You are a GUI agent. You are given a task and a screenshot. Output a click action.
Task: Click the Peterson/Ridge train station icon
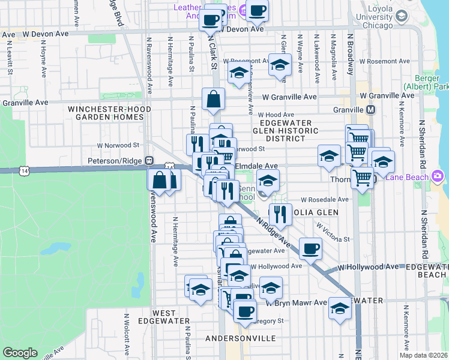(149, 161)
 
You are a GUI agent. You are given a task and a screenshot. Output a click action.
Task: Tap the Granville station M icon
(370, 110)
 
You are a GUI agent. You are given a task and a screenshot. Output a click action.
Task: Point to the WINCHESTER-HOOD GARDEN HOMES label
(106, 113)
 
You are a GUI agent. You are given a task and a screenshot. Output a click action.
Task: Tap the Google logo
(20, 353)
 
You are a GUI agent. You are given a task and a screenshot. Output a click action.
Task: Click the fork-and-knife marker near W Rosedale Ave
(280, 212)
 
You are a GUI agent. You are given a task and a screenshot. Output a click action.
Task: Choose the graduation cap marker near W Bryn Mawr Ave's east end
(340, 308)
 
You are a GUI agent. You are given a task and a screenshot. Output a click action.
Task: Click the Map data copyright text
(424, 355)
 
